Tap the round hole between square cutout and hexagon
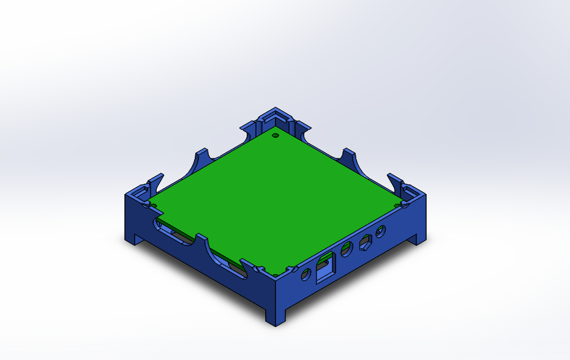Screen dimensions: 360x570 click(347, 249)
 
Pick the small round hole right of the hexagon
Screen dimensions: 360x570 click(381, 232)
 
